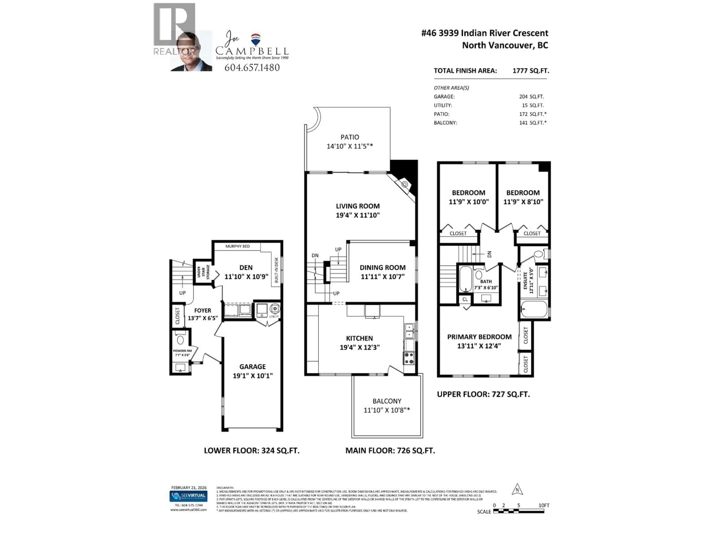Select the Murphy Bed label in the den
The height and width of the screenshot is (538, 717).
(237, 246)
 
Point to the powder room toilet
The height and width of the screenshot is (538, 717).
(180, 340)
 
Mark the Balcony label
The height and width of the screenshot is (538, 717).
(387, 401)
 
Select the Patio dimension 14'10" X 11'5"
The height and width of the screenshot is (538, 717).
(349, 146)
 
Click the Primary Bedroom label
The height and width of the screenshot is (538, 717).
(479, 337)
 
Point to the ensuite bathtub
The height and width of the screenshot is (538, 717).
(534, 309)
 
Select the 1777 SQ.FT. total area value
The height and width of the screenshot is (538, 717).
(531, 71)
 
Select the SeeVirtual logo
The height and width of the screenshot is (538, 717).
(189, 496)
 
